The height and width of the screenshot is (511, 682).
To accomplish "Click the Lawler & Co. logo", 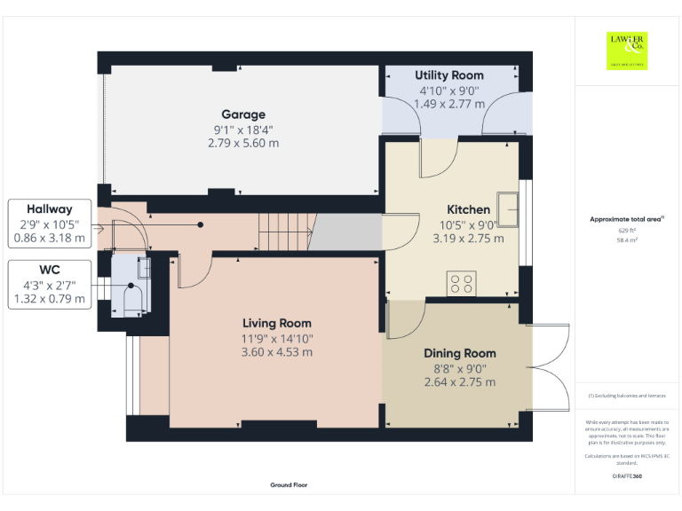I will pos(627,51).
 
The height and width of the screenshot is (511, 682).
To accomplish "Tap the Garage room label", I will pos(243,114).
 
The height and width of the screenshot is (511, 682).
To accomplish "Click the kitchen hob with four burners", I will pos(462,283).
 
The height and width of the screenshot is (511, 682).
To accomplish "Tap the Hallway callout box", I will pos(49,222).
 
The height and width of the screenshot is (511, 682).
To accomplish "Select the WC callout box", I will pos(49,283).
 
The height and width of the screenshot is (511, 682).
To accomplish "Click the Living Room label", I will pos(277,323).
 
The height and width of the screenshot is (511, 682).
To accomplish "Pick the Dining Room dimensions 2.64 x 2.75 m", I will pos(459,382).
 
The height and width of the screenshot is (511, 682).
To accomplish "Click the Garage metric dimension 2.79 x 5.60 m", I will pos(243,143).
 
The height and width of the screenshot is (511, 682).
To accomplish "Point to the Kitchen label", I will pos(468,209).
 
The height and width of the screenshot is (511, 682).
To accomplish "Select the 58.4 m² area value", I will pos(627,240).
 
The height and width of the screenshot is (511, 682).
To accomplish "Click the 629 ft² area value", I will pos(627,230).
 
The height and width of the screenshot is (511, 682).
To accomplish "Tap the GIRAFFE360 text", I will pos(627,477).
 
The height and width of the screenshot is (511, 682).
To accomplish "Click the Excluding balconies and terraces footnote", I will pos(627,396).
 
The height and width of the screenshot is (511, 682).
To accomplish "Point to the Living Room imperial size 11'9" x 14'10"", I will pos(277,338).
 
